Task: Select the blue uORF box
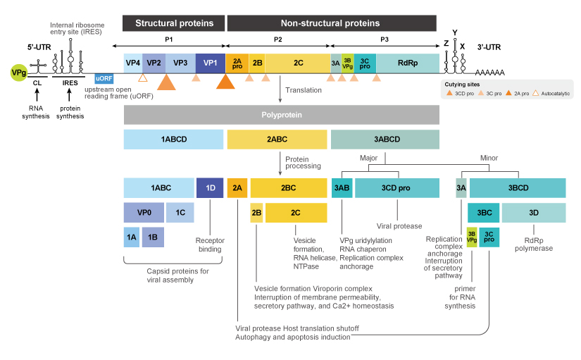pos(104,78)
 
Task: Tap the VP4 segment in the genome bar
pos(132,63)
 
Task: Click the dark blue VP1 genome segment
pos(210,63)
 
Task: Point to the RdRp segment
pos(408,63)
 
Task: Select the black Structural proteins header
pos(174,23)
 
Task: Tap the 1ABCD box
pos(173,139)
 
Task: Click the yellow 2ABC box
pos(277,139)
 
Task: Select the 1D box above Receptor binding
pos(209,187)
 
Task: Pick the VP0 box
pos(143,212)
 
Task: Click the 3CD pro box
pos(394,187)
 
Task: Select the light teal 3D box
pos(533,212)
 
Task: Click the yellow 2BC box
pos(289,187)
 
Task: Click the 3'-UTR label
pos(488,47)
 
